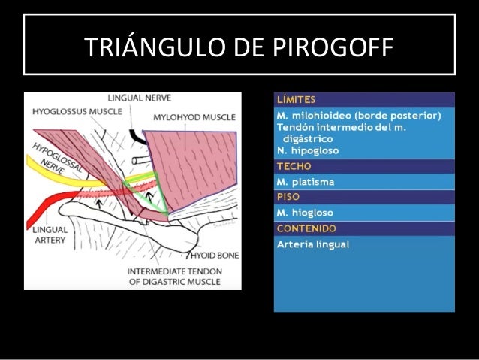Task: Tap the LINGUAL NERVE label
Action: [x=142, y=98]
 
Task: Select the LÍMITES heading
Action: [x=296, y=99]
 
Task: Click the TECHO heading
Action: [x=294, y=165]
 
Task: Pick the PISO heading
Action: [x=289, y=196]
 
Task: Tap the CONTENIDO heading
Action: [x=306, y=228]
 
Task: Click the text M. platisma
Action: [x=306, y=181]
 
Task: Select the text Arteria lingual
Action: [x=313, y=244]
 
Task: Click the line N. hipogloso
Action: [x=308, y=150]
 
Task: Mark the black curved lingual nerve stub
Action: [x=137, y=138]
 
